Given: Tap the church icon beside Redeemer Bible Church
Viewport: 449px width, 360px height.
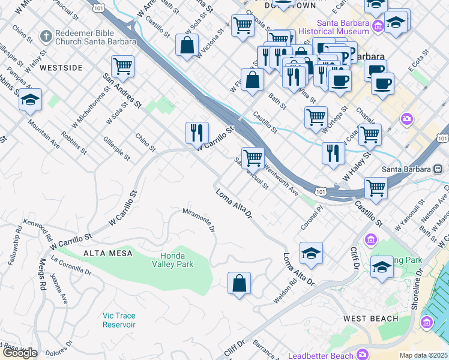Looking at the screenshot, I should point(45,36).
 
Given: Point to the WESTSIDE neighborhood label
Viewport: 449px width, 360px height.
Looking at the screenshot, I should point(61,68).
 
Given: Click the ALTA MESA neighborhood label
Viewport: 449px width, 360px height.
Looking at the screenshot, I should point(108,253).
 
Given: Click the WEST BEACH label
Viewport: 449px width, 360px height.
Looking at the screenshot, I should point(370,318).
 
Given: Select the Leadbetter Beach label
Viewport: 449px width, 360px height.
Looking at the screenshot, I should point(325,354).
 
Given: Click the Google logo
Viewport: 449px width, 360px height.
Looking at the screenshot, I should point(20,353).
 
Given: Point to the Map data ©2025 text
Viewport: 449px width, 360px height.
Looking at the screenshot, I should point(424,355).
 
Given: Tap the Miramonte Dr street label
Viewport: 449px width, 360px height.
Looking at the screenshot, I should point(199,219).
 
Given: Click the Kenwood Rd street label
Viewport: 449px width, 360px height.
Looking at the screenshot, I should point(37,229).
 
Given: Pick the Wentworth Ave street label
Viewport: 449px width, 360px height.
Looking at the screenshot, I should point(280,180).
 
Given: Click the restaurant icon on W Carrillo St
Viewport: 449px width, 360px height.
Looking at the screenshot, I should point(197,132).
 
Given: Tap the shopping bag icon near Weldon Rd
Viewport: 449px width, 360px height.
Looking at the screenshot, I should point(239,283).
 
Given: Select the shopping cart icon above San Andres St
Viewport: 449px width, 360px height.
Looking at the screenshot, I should point(122,67).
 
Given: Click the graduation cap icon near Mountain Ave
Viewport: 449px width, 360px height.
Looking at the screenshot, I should point(29,100).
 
